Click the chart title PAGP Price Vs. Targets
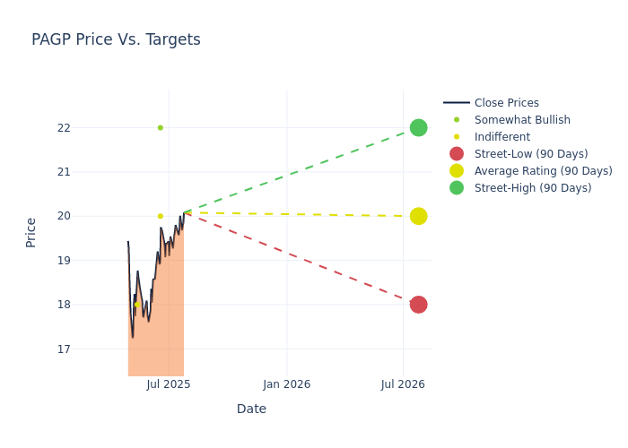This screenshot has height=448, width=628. [x=116, y=40]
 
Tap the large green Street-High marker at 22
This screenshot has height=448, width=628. [x=418, y=127]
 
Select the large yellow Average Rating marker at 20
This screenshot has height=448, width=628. [x=418, y=216]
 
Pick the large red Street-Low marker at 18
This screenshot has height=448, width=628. [x=418, y=305]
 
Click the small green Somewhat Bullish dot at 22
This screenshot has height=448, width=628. [x=161, y=127]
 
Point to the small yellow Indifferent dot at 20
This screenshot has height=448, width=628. [x=161, y=216]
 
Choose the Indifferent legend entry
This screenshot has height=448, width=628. [x=502, y=137]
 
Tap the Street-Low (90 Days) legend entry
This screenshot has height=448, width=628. [x=531, y=154]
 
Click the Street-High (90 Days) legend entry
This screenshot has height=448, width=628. [x=533, y=188]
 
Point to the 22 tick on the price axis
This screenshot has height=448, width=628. [x=89, y=127]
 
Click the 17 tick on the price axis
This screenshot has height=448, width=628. [x=89, y=349]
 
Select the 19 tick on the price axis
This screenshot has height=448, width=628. [x=89, y=260]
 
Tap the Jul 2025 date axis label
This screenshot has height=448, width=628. [x=169, y=384]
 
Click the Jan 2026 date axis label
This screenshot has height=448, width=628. [x=287, y=384]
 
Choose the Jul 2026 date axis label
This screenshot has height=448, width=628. [x=403, y=384]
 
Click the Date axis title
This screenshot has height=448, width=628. [x=251, y=409]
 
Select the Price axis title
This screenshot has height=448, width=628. [x=31, y=232]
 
